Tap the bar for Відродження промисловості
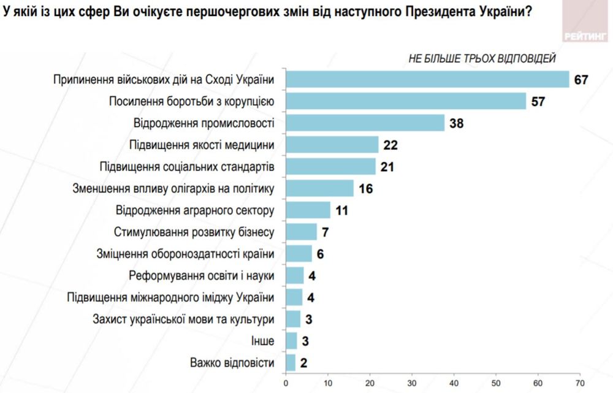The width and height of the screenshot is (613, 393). [x=365, y=123]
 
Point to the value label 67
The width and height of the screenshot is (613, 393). [x=581, y=80]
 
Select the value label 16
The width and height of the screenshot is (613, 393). [x=366, y=188]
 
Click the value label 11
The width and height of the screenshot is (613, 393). [x=341, y=210]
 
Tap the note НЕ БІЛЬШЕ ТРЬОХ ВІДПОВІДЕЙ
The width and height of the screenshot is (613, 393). [x=482, y=59]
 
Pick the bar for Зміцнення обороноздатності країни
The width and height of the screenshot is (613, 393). [x=299, y=254]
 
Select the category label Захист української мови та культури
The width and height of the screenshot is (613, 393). [x=183, y=319]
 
